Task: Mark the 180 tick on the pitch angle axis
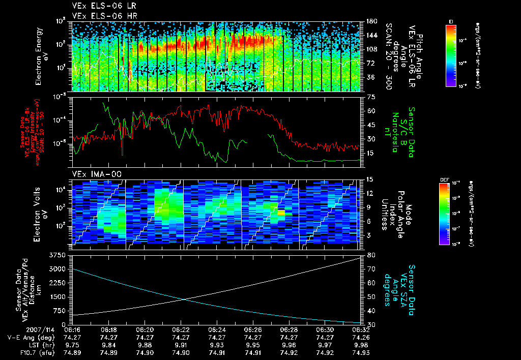(371, 21)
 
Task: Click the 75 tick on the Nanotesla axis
(370, 97)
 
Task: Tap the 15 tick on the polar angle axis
(370, 179)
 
